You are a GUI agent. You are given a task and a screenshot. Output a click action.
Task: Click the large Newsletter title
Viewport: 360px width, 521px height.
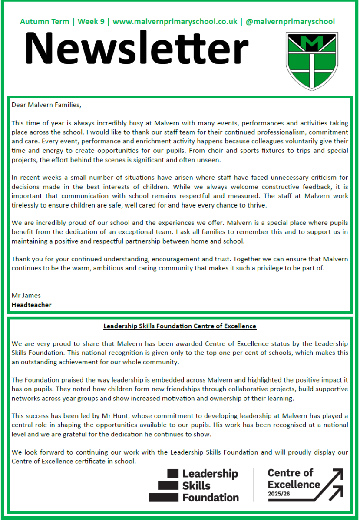coord(136,49)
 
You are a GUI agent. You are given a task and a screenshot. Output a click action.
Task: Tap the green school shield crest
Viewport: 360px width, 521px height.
coord(312,61)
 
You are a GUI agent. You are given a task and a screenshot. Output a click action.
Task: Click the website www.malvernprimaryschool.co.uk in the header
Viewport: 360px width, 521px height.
coord(175,21)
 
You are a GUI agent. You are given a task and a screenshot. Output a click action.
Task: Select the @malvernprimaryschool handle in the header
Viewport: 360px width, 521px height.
coord(290,21)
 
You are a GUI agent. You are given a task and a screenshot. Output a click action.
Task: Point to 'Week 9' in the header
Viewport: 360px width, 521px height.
coord(92,21)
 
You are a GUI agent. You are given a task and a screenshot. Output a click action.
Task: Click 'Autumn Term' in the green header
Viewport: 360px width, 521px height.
coord(45,21)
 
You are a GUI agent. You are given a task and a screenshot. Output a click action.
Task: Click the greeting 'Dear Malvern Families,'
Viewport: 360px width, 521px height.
coord(46,105)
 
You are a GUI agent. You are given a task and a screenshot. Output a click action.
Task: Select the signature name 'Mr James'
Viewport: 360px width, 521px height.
coord(26,296)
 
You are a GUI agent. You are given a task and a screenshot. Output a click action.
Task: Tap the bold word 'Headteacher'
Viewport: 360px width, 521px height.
coord(31,305)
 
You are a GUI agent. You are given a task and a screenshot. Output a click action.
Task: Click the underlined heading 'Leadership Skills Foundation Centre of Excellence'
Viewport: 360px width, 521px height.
coord(180,326)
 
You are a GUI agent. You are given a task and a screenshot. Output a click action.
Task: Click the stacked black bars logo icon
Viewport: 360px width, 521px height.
coord(164,485)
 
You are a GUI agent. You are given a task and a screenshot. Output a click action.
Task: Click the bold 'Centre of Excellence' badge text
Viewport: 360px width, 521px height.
coord(294,478)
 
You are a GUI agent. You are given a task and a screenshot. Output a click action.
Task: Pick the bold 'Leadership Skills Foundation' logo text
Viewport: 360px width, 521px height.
coord(210,485)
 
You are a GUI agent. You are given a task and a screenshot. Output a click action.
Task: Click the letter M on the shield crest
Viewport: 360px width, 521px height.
coord(312,44)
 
